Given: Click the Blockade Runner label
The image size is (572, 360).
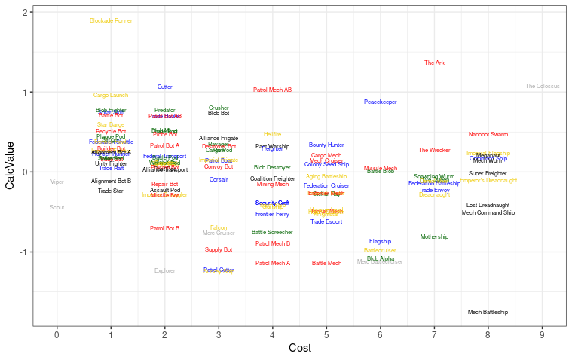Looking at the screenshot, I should [x=111, y=20].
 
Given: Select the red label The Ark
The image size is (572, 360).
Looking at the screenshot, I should [x=434, y=63].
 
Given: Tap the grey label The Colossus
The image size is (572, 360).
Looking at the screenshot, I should [x=543, y=87].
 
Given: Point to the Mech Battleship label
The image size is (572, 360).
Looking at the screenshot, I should [x=488, y=312].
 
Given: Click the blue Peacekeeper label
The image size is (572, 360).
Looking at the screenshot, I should [x=381, y=102].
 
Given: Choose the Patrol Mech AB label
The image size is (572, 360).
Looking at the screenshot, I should [x=272, y=90].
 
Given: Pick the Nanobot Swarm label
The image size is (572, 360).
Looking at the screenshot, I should [x=488, y=134].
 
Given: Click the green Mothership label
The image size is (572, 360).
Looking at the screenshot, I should [x=434, y=236].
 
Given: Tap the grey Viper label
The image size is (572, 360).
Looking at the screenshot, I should [x=57, y=182].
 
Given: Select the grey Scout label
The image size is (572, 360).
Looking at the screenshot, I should [x=57, y=207].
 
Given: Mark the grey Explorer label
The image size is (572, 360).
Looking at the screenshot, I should [x=165, y=270].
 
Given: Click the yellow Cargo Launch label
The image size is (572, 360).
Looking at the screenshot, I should [x=111, y=95].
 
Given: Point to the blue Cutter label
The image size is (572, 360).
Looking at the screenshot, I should [x=165, y=87].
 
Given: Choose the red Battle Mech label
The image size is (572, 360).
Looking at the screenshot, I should [x=326, y=263].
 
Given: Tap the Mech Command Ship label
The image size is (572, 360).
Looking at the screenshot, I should [x=488, y=213].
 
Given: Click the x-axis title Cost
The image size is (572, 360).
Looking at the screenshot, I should [x=299, y=349].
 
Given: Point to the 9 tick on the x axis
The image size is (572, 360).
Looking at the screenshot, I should [x=542, y=334].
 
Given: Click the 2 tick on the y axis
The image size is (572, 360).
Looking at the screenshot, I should [x=26, y=13].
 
